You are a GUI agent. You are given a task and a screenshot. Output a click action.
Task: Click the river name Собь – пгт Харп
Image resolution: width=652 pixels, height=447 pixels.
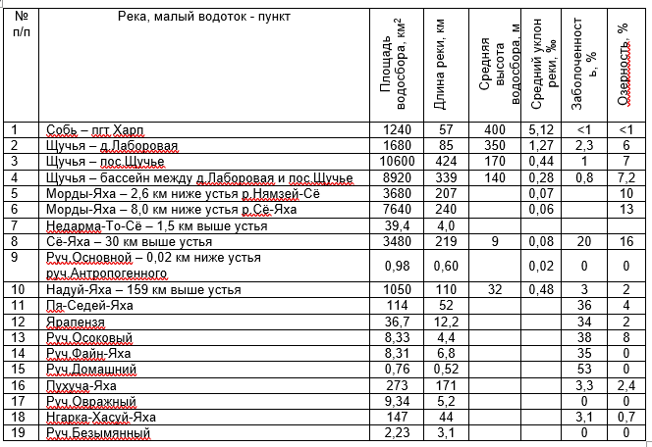coord(95,129)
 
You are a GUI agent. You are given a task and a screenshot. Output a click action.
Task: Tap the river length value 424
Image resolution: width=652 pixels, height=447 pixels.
coord(447,161)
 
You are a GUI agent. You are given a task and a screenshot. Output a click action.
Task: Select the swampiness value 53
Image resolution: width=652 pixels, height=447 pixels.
coord(584,369)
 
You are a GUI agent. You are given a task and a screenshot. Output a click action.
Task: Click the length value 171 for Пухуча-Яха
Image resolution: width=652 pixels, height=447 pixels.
coord(447,384)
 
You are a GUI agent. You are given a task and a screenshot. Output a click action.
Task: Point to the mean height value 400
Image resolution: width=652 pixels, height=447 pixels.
coord(494,129)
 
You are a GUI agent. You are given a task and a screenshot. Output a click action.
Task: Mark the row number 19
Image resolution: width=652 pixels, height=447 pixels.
coord(16,432)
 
